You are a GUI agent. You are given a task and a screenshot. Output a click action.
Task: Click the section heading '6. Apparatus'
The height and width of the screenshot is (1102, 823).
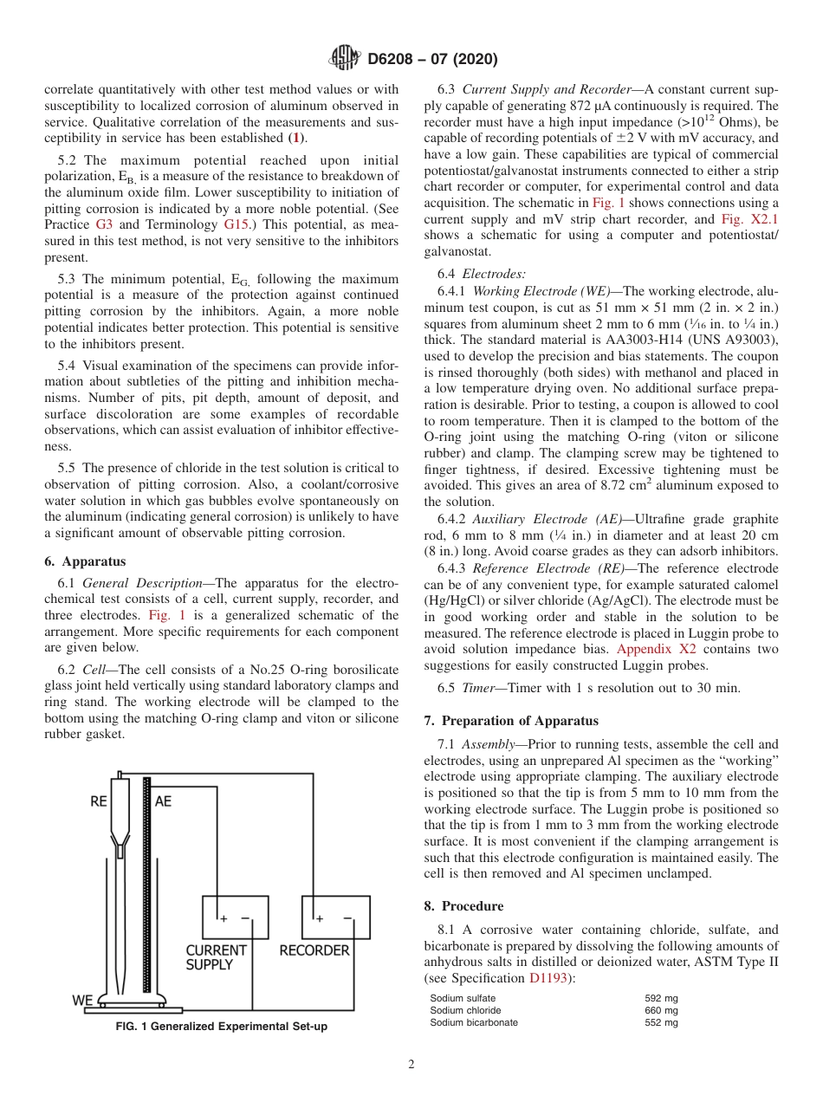coord(85,561)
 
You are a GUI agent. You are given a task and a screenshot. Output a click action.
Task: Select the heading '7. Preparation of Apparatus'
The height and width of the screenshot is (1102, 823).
coord(511,721)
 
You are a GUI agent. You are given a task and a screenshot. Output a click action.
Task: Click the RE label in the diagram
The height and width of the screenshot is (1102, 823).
coord(99,801)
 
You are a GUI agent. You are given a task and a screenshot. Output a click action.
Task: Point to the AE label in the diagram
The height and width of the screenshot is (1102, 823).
coord(163,801)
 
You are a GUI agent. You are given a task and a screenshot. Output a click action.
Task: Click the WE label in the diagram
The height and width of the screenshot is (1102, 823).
coord(82,1001)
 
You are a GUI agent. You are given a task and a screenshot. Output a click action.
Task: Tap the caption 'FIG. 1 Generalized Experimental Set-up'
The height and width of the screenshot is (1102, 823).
coord(222,1027)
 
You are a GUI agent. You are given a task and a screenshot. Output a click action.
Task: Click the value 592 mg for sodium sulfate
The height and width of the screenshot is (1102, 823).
coord(661,998)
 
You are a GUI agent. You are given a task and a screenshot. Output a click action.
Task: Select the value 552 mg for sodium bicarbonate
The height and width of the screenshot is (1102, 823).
coord(661,1022)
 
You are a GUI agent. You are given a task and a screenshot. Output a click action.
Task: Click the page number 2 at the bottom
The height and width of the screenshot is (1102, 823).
coord(411,1065)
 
